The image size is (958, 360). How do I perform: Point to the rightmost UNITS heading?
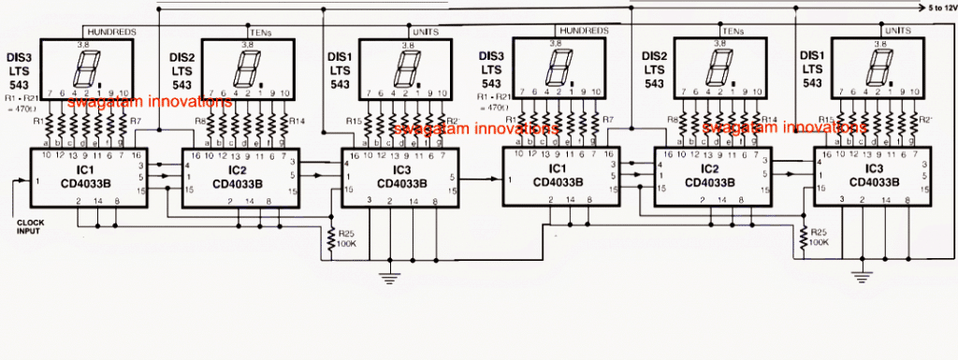coord(897,31)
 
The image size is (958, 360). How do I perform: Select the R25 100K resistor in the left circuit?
coord(329,238)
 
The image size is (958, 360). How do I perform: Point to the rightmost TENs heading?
coord(730,31)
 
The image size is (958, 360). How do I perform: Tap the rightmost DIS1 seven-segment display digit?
coord(878,65)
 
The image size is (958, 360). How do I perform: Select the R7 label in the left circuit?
coord(138,121)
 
